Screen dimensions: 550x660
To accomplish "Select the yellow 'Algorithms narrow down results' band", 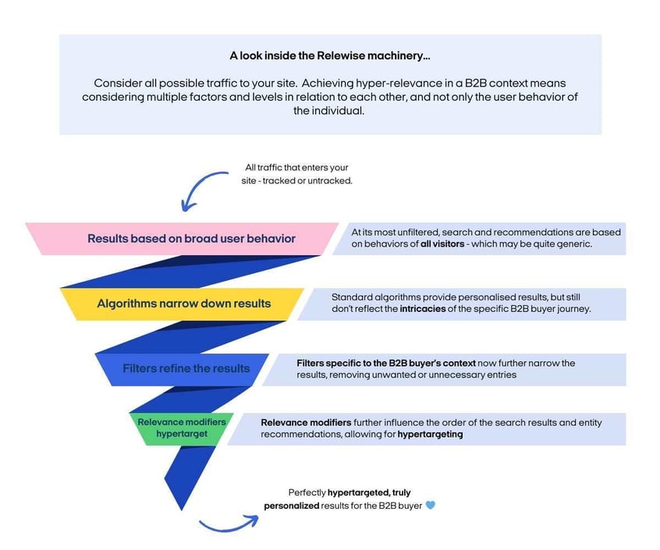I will click(183, 303).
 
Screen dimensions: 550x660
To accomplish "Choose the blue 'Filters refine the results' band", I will click(186, 368).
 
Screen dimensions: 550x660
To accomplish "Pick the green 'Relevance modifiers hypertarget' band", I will click(181, 428).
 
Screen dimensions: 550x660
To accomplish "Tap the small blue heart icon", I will click(430, 506).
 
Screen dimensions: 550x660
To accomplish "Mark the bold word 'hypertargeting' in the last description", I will click(430, 435).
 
